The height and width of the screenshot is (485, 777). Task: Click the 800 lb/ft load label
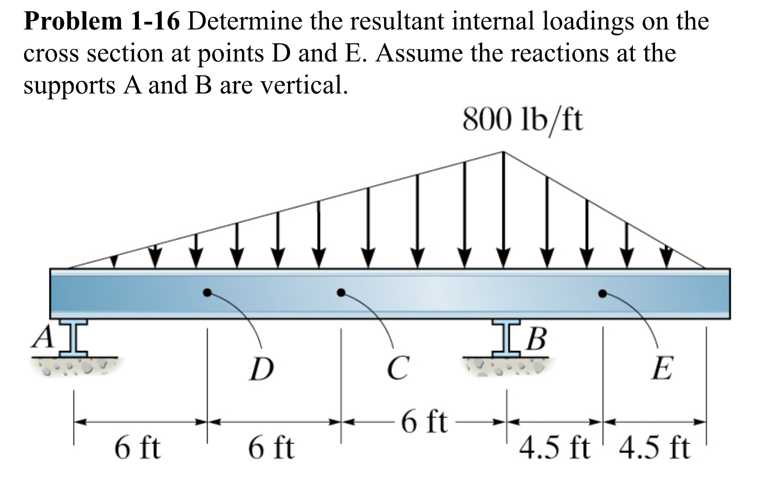[522, 120]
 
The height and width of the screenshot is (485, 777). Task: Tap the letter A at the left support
[43, 337]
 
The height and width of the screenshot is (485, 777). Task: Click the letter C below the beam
[398, 368]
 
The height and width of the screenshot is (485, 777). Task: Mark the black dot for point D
[207, 292]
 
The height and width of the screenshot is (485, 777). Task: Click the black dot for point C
[341, 292]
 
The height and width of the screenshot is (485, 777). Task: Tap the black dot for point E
[602, 293]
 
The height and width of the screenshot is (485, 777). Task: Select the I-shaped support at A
[74, 338]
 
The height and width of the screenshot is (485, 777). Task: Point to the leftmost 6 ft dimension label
[137, 448]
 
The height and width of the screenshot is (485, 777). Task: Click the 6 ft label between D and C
[272, 448]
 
